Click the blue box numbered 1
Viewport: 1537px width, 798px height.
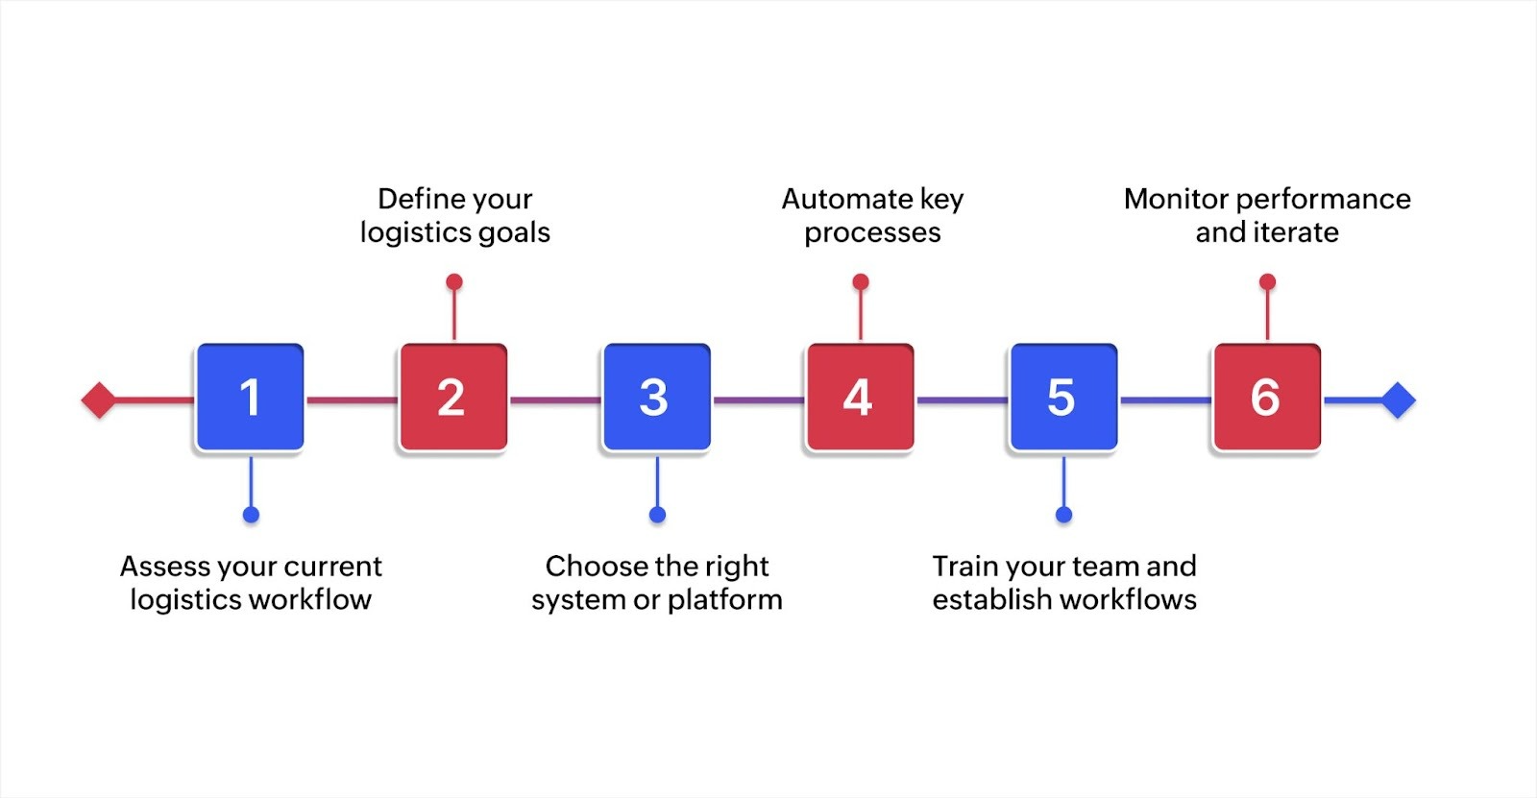(250, 398)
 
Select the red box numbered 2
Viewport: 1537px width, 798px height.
(452, 398)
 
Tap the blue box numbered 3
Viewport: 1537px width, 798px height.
(656, 398)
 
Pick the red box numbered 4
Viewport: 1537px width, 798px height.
(860, 398)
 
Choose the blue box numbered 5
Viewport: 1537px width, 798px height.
(1062, 398)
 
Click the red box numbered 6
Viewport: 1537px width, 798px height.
(1266, 398)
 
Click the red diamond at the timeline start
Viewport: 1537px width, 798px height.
(99, 399)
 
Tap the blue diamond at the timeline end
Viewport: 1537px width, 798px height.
(1398, 399)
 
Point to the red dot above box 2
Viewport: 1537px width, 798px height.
(454, 281)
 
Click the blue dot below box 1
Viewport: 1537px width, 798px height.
(251, 515)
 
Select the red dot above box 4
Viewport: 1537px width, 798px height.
(861, 281)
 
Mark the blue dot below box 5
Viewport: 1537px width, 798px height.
(1063, 515)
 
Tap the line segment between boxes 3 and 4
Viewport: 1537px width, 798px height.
(758, 399)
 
